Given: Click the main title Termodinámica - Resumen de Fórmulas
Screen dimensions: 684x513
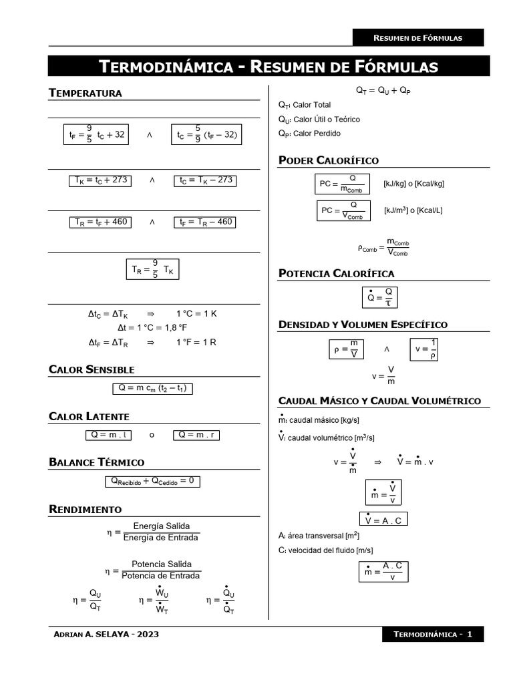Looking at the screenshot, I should point(269,66).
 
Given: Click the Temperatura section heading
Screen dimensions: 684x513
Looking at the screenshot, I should point(85,93).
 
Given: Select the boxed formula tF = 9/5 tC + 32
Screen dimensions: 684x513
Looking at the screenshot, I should point(97,134).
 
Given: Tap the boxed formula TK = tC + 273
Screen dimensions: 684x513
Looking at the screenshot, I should point(100,180).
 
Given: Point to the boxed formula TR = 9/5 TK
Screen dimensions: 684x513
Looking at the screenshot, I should point(152,269).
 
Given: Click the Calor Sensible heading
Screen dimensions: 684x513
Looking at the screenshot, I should point(92,369).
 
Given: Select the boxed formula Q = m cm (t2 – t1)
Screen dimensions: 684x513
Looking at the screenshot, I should point(152,388).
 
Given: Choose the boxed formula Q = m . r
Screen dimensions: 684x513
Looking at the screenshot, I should point(196,435).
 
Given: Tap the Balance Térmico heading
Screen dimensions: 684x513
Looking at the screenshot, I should point(96,462).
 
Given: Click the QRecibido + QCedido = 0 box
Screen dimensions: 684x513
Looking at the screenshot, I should point(152,481).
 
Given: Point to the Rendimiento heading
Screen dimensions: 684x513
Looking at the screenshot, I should point(85,509).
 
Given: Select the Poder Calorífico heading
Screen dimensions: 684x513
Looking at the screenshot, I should point(328,160).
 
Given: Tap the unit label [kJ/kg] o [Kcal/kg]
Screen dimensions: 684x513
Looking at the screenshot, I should point(413,184).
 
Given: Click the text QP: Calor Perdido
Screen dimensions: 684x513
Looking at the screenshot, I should point(309,134).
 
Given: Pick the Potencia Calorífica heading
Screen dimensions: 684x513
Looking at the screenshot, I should point(336,273).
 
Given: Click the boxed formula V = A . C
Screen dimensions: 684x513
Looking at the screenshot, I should point(383,520).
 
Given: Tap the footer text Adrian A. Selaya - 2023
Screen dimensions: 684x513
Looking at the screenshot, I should point(106,634).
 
